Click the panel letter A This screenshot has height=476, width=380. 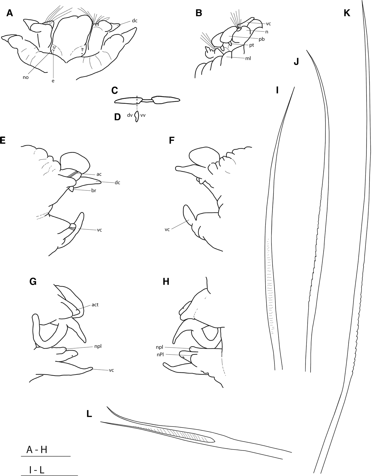[9, 13]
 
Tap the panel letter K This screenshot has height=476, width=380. [347, 13]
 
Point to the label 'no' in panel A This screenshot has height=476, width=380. [26, 77]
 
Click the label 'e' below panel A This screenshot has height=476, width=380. [53, 81]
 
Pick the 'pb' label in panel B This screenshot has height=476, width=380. [262, 39]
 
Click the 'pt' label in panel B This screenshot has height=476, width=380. [252, 45]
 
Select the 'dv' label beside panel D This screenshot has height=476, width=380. [130, 115]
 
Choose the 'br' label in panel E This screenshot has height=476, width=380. [94, 191]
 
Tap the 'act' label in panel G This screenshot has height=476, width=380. [95, 305]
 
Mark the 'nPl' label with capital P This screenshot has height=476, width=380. [160, 354]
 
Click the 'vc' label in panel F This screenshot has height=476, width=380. [167, 229]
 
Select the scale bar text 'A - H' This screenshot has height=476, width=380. [37, 450]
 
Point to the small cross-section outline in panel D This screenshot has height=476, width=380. [137, 117]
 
